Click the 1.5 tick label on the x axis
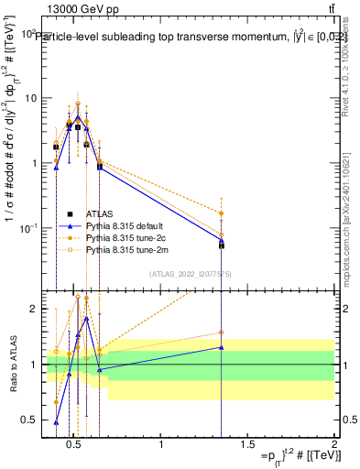coord(247,444)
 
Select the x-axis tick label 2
coord(333,444)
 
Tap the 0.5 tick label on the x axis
coord(76,444)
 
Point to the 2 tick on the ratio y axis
coord(32,309)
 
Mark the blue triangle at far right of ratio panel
coord(221,347)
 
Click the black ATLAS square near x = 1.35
coord(221,245)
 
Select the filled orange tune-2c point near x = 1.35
coord(221,213)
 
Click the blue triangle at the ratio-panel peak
coord(86,318)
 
